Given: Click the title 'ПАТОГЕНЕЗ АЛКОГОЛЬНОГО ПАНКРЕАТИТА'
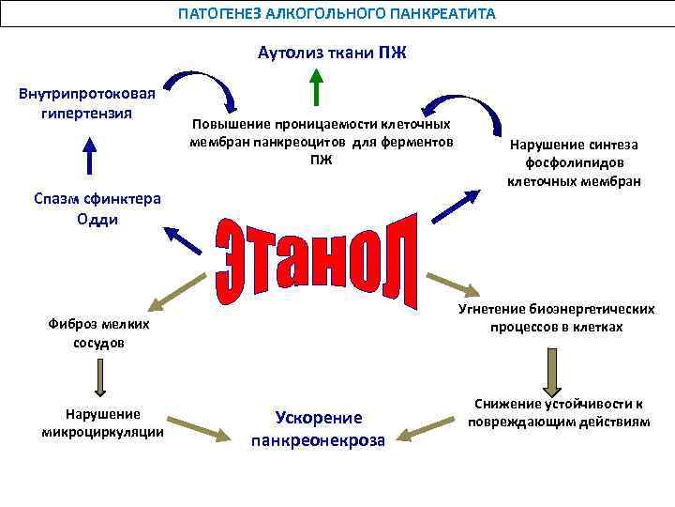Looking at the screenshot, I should click(337, 15).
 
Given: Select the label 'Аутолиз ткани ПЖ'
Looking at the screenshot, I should click(332, 53).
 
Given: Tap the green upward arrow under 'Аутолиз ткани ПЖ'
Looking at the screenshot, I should click(317, 87).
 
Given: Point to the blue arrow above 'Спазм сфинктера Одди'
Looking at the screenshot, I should click(89, 156).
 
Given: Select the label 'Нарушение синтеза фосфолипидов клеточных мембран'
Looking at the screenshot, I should click(574, 161).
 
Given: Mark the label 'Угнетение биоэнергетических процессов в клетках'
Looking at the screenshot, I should click(556, 318).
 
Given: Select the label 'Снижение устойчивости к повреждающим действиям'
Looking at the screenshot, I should click(558, 413).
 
